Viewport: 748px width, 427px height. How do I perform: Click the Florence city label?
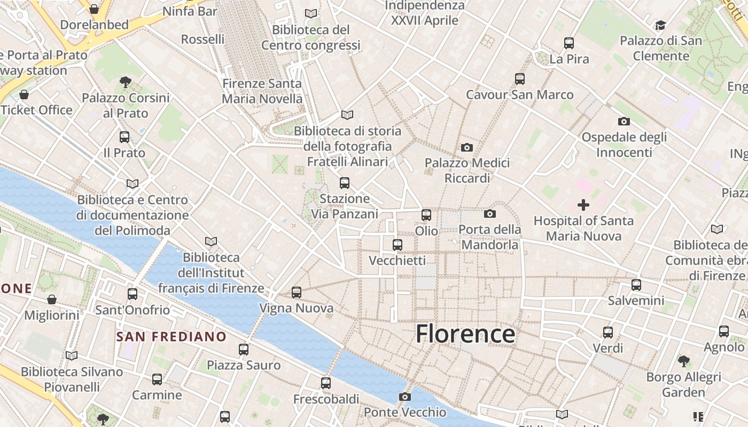465,334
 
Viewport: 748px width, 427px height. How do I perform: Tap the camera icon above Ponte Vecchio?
405,397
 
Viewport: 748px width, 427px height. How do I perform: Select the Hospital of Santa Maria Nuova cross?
583,204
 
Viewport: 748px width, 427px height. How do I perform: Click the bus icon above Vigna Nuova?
297,292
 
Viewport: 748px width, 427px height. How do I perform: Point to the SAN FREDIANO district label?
172,336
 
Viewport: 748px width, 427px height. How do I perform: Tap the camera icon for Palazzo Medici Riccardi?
467,147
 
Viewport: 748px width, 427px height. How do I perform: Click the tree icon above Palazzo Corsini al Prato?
126,82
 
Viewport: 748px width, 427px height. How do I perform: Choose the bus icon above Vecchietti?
398,245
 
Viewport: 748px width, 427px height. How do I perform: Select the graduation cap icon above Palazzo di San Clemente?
660,25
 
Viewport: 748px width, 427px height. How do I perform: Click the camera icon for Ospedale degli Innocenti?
624,122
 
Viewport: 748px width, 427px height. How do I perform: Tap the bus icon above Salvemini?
636,285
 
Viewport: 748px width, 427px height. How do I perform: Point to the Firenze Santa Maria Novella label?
262,91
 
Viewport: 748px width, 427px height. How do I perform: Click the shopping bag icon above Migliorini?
52,299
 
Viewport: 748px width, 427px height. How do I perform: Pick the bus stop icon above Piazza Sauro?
244,350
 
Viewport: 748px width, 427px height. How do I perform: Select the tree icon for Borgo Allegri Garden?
683,361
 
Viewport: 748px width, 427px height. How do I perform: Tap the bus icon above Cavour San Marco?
520,79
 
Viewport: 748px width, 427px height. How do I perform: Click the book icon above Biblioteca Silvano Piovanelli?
72,355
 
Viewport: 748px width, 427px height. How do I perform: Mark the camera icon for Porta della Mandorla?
489,214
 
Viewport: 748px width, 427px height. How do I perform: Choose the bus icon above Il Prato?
124,137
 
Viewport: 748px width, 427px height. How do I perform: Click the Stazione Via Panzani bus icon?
345,183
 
